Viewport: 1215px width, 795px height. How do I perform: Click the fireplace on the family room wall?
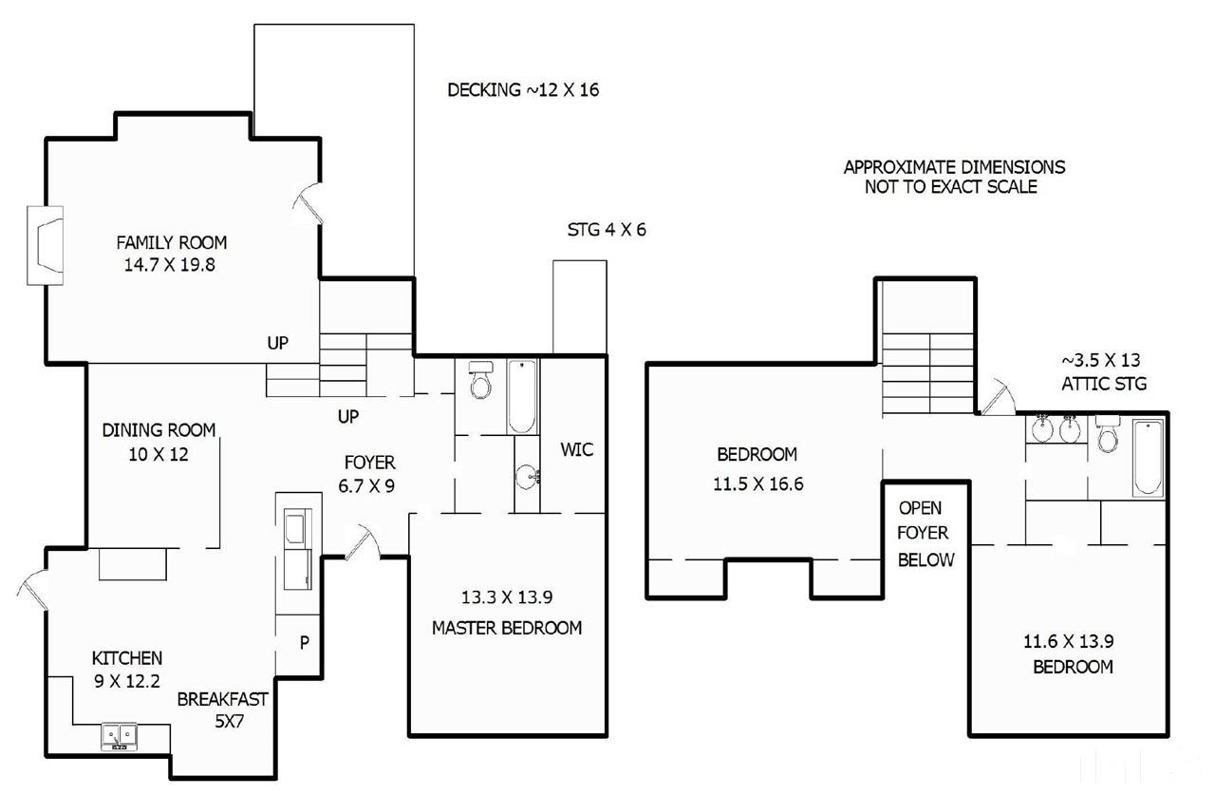46,245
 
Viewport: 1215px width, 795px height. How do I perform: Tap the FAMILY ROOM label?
172,242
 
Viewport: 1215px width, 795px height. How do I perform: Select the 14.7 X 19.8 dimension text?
170,265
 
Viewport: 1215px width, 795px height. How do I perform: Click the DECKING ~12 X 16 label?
523,89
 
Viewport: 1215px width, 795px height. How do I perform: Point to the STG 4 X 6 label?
607,230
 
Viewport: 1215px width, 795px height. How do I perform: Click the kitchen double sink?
119,737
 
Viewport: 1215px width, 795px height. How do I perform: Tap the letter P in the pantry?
305,642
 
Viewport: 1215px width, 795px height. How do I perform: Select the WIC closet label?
576,449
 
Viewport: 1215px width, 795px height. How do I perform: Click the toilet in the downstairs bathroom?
480,379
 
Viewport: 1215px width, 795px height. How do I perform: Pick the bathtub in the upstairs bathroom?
1148,458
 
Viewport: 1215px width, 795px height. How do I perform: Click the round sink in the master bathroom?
527,477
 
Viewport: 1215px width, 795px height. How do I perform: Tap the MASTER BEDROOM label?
507,628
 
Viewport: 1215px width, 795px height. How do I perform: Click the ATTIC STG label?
1104,384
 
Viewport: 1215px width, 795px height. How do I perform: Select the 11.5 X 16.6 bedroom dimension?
757,483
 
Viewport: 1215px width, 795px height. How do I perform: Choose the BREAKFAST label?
222,699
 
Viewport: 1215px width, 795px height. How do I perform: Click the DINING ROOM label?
159,430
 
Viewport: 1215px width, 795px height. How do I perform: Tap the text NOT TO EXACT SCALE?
951,187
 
